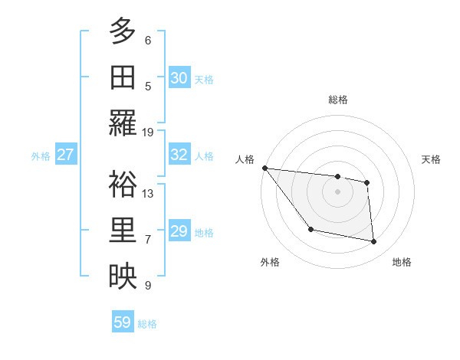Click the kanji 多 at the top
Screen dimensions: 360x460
click(123, 31)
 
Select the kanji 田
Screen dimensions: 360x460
click(123, 77)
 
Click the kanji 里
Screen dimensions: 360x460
click(123, 231)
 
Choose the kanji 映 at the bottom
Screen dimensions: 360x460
click(123, 277)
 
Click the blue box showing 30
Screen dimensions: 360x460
click(179, 77)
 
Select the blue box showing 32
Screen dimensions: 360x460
click(179, 155)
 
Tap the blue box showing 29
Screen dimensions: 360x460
click(179, 231)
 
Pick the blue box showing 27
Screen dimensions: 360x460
click(66, 155)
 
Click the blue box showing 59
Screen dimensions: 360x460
click(123, 322)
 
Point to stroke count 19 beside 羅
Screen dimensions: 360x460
click(148, 132)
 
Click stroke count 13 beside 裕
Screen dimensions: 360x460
click(148, 194)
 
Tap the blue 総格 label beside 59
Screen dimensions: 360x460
click(147, 324)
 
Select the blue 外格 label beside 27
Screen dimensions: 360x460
click(41, 156)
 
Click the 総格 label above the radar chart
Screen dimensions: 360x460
click(337, 100)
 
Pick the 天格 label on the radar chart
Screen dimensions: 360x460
click(432, 159)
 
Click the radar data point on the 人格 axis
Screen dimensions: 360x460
click(264, 168)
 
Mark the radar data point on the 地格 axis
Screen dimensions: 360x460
click(374, 242)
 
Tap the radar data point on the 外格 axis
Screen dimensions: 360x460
click(310, 229)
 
